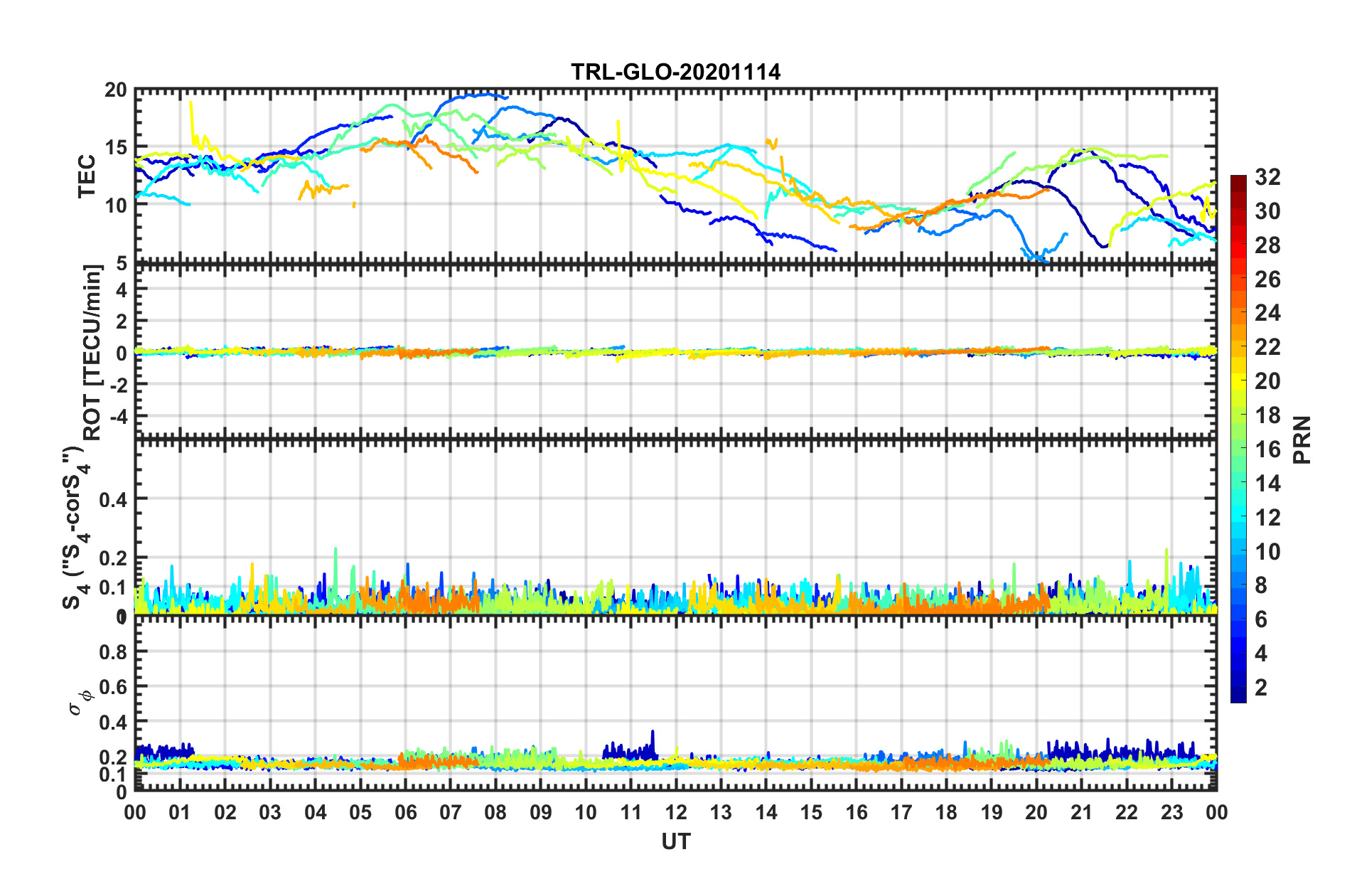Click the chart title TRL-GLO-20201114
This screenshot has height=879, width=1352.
coord(675,72)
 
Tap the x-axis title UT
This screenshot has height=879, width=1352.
coord(675,842)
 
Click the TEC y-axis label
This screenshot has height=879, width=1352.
coord(87,176)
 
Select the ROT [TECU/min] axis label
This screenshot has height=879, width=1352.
coord(92,352)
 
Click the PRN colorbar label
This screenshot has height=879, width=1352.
coord(1302,439)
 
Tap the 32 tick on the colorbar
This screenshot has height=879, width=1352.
coord(1267,177)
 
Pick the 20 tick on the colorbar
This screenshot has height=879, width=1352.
coord(1267,381)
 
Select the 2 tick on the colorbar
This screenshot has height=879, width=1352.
coord(1261,688)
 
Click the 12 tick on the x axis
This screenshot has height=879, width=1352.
coord(675,812)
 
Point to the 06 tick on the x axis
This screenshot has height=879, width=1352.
coord(405,812)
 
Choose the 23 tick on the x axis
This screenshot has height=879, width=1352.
coord(1171,812)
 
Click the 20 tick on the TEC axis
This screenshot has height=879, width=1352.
coord(115,90)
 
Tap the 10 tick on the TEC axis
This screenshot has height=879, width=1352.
coord(115,206)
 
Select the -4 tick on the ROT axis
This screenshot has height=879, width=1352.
coord(118,415)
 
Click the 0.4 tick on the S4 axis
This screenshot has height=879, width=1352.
coord(114,499)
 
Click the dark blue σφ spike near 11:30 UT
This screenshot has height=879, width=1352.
coord(653,732)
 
